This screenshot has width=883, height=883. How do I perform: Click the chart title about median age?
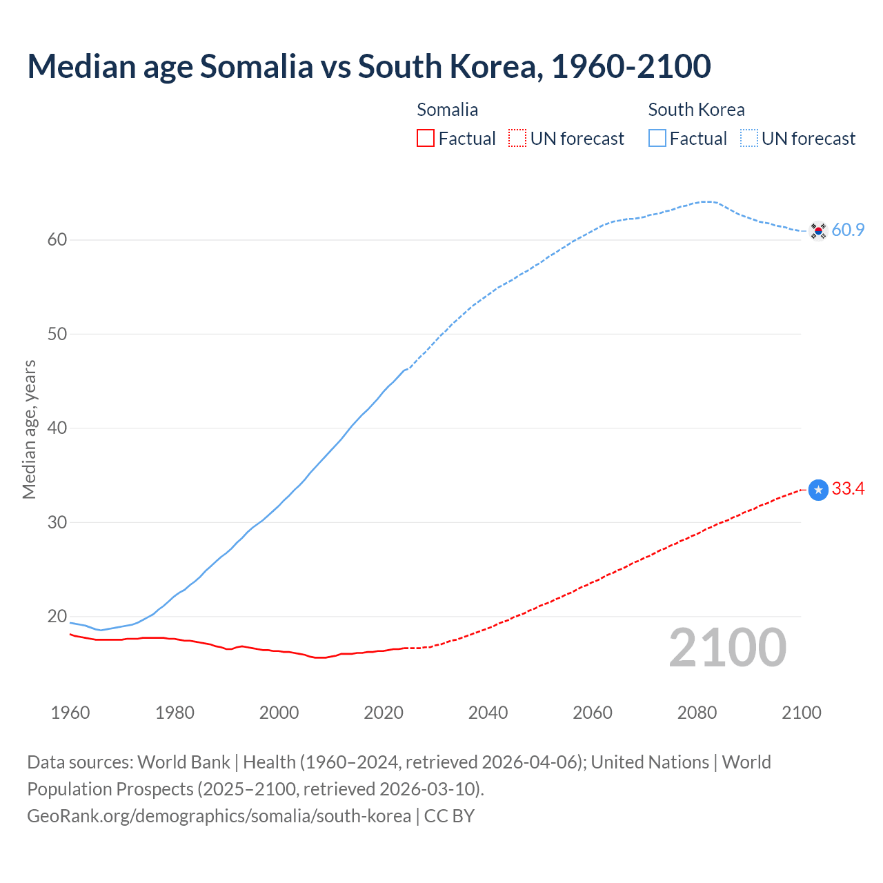click(369, 67)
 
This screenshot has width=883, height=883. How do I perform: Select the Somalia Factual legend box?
click(426, 139)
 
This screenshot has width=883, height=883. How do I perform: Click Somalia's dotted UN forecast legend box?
click(517, 139)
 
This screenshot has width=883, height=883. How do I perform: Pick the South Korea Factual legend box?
click(657, 139)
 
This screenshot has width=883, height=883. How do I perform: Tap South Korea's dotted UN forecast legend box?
click(749, 139)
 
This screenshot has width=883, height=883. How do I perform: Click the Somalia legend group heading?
click(447, 110)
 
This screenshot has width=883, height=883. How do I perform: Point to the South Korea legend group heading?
click(696, 110)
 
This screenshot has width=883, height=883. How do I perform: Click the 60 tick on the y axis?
click(57, 240)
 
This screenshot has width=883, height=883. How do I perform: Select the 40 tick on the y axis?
click(57, 428)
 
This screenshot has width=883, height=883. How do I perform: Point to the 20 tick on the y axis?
click(57, 616)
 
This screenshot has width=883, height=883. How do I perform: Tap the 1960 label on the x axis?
click(70, 713)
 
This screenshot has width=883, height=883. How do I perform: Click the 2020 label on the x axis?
click(384, 713)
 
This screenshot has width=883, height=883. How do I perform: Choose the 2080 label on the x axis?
click(697, 713)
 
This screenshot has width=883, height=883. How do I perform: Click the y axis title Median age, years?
click(29, 429)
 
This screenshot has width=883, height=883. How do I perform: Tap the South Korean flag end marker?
click(818, 230)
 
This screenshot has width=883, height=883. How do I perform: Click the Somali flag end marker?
click(818, 490)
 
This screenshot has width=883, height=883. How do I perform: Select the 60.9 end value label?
click(848, 230)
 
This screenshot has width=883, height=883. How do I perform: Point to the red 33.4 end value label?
click(848, 489)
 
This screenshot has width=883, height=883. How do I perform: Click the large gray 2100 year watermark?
click(728, 647)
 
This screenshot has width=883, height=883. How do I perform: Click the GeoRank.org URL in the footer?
click(219, 816)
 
